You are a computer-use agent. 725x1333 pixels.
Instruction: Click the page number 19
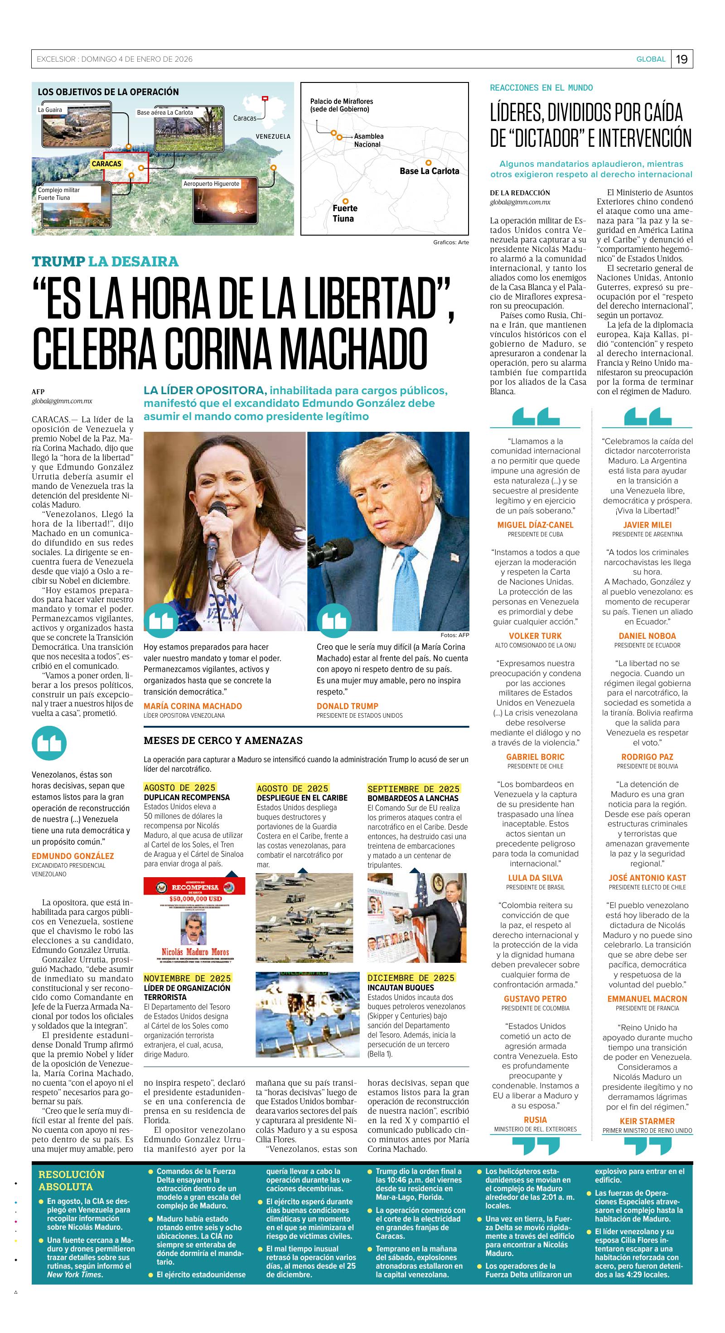(681, 59)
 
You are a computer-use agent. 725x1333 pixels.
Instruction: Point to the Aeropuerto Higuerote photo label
(211, 184)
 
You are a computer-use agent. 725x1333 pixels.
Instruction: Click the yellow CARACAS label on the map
(106, 164)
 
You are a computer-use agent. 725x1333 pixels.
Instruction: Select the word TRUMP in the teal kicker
(58, 261)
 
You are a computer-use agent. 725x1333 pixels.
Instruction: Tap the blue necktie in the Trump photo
(410, 585)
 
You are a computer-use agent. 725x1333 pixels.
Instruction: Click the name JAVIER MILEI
(647, 525)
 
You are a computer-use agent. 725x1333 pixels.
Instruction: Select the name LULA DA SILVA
(535, 878)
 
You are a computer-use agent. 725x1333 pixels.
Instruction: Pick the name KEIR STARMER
(647, 1121)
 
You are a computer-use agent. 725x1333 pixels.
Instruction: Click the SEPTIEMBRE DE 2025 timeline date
(413, 789)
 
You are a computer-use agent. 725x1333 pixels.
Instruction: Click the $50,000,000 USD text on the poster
(195, 899)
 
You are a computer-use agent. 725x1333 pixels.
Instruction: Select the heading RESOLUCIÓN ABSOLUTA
(72, 1180)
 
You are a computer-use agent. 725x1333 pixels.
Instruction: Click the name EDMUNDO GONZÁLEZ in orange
(72, 856)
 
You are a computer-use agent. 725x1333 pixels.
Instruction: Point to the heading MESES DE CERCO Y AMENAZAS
(222, 740)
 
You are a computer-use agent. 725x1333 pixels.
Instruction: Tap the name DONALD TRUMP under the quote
(347, 706)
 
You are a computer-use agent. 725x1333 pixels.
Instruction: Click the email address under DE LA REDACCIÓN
(520, 203)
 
